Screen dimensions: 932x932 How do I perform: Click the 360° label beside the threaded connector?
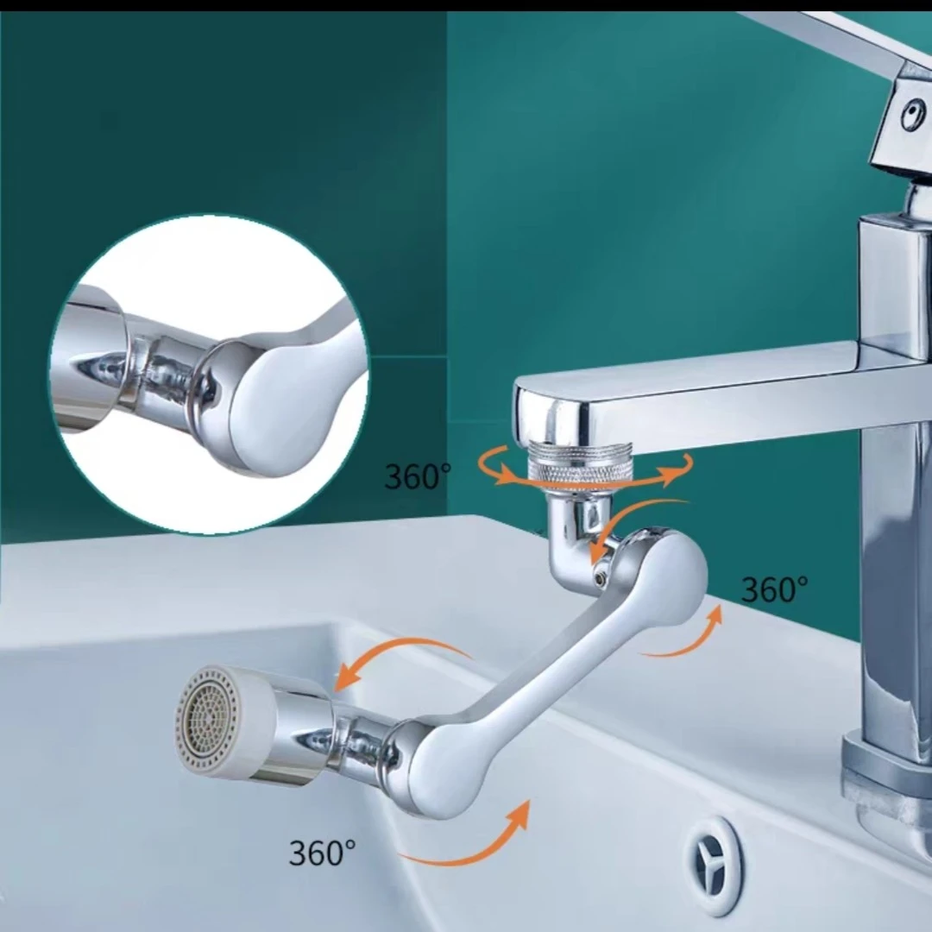(x=418, y=475)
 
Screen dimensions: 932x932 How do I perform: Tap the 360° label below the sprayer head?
(x=322, y=853)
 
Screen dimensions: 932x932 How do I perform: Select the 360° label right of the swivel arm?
(x=774, y=589)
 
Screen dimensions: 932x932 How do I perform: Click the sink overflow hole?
(x=714, y=862)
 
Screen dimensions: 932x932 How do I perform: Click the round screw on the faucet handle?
(x=912, y=115)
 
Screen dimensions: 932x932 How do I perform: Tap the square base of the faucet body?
(x=885, y=767)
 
